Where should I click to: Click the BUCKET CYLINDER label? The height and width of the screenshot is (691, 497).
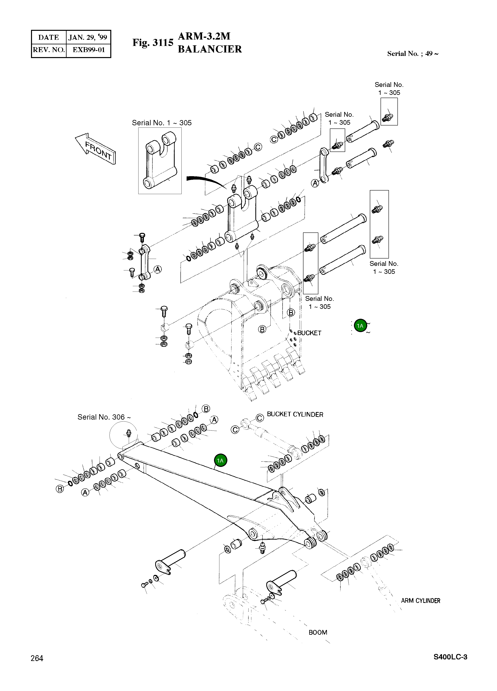click(295, 414)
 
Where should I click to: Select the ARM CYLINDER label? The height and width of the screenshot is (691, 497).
click(420, 601)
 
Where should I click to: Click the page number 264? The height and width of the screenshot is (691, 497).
click(37, 658)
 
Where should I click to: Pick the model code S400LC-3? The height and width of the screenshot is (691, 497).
click(450, 657)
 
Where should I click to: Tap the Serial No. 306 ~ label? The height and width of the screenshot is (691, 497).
click(104, 417)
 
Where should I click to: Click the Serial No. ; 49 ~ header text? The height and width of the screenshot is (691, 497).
click(413, 54)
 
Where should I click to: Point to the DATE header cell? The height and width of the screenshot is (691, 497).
click(49, 37)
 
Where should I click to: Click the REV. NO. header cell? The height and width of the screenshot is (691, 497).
click(49, 50)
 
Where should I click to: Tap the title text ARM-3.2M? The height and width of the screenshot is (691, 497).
click(204, 36)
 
